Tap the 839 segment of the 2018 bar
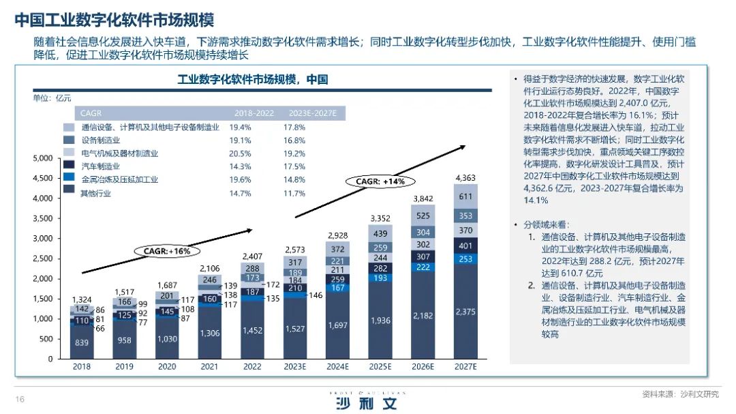(x=82, y=342)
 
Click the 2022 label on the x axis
(x=253, y=366)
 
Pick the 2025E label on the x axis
(x=380, y=366)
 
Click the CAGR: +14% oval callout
(x=380, y=181)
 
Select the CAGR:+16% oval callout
(x=166, y=251)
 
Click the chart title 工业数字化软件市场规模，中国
(x=252, y=80)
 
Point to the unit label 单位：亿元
(x=52, y=98)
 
